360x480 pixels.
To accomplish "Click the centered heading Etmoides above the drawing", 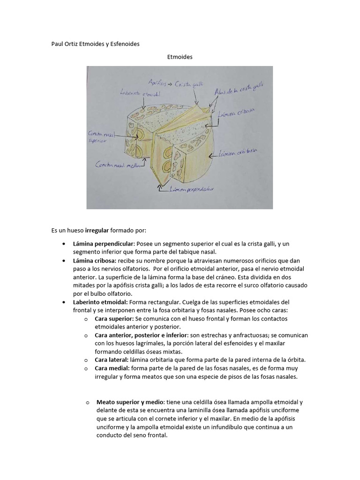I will click(x=180, y=57).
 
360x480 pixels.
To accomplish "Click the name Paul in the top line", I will click(x=57, y=44).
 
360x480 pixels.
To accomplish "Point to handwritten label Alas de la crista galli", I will click(x=238, y=89).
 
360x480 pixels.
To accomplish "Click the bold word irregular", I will click(x=97, y=231).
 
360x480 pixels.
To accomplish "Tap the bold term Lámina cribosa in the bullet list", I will click(x=94, y=260).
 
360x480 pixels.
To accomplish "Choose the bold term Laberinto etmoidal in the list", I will click(x=100, y=302).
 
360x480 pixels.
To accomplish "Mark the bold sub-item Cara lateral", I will click(x=111, y=360).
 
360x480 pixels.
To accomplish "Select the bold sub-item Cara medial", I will click(x=112, y=368).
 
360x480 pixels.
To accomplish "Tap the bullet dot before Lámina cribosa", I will click(x=63, y=260).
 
